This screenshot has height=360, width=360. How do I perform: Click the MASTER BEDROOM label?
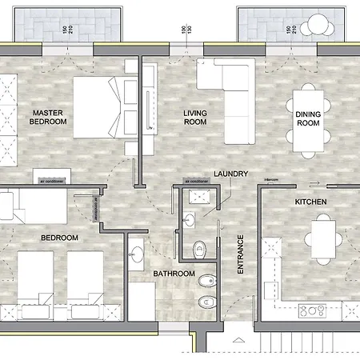click(x=48, y=118)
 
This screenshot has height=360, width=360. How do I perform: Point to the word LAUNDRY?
click(x=231, y=174)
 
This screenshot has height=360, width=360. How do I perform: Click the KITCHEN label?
click(x=310, y=202)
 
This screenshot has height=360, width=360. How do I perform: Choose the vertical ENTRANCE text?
click(x=240, y=255)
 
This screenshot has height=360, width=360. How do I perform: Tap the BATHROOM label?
click(x=174, y=274)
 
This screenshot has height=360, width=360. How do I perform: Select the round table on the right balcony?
click(x=318, y=26)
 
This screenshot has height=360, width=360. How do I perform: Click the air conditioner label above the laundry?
click(x=198, y=182)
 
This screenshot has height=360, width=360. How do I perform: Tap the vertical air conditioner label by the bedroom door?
click(x=94, y=209)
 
